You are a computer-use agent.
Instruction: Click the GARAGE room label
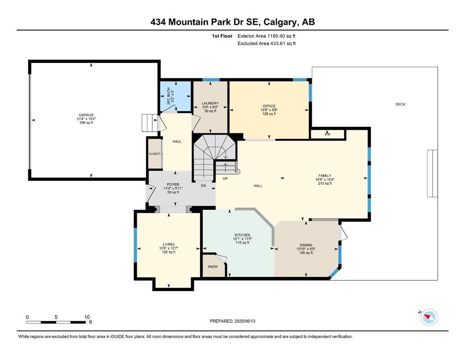click(x=86, y=115)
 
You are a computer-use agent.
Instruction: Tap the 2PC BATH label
click(x=169, y=96)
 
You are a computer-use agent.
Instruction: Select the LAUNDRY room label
click(x=210, y=103)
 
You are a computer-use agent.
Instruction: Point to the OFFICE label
click(x=269, y=106)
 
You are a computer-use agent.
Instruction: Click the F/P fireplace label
click(x=328, y=135)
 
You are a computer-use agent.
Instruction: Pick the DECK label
click(x=400, y=104)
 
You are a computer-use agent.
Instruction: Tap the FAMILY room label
click(x=325, y=176)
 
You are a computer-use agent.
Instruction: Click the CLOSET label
click(x=154, y=154)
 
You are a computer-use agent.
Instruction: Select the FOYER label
click(x=173, y=185)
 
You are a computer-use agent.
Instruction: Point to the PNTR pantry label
click(x=213, y=267)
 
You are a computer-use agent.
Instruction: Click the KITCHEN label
click(x=243, y=235)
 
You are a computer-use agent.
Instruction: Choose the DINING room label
click(x=306, y=245)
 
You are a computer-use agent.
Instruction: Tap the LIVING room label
click(x=169, y=245)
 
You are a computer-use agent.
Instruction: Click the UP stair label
click(x=225, y=179)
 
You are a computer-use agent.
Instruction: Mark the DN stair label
click(x=203, y=186)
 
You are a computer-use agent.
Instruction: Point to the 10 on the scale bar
click(x=87, y=317)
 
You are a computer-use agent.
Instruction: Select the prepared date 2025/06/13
click(x=245, y=321)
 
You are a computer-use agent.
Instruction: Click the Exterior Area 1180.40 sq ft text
click(x=266, y=36)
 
